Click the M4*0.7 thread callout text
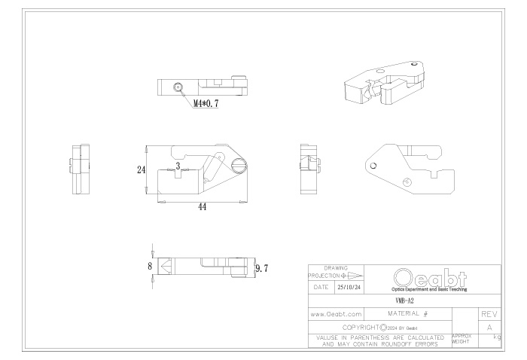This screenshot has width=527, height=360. [206, 104]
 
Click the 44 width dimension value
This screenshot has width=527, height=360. [203, 206]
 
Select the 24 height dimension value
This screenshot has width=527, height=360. [141, 170]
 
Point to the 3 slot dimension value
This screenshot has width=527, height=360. [178, 165]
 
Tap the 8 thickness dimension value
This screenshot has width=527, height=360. [150, 266]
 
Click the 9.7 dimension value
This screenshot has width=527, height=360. [262, 268]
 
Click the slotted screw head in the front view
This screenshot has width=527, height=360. [239, 165]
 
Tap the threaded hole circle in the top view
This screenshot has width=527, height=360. [178, 87]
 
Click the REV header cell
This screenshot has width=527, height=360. [489, 313]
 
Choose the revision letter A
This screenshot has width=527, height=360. [489, 327]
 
